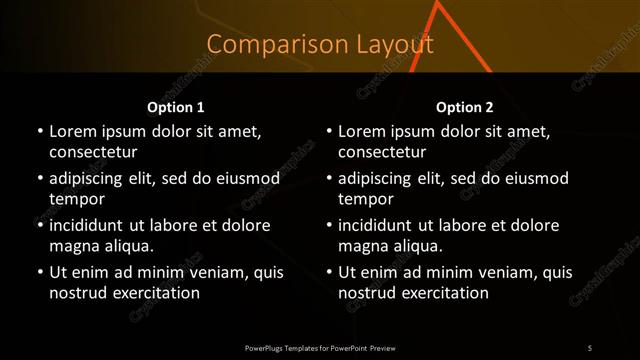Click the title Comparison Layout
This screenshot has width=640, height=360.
point(320,45)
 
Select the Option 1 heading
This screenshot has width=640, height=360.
point(176,107)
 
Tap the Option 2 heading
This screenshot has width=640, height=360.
point(465,107)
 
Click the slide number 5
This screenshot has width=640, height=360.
point(590,348)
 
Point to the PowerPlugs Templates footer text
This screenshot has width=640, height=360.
point(320,348)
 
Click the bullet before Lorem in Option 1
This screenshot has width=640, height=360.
point(39,132)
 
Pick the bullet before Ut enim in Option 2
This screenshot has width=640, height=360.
point(329,272)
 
